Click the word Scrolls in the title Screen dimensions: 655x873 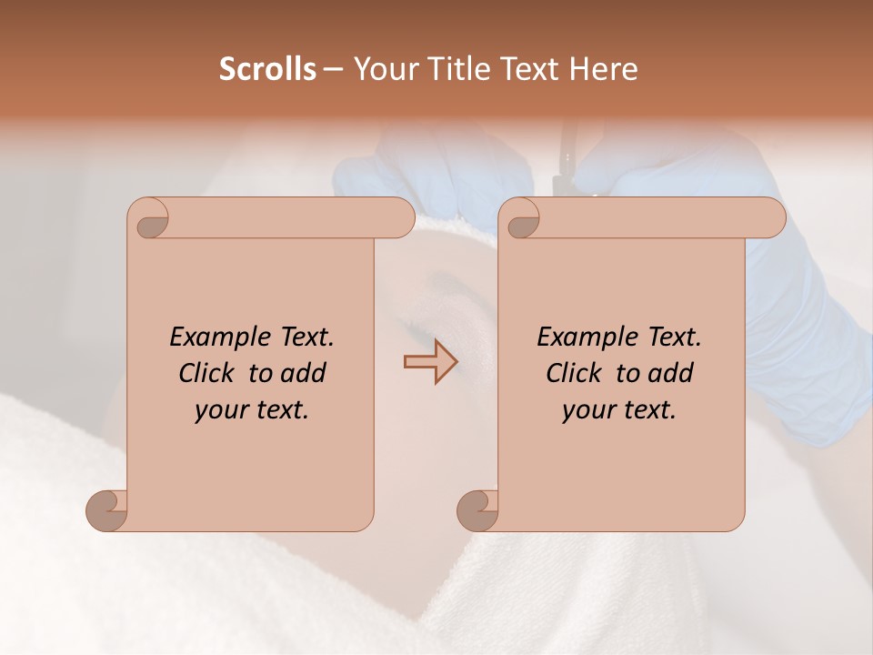tap(268, 69)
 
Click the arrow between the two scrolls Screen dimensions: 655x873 tap(431, 361)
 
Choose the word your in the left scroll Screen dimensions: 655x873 tap(220, 410)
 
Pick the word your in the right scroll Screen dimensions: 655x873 tap(587, 410)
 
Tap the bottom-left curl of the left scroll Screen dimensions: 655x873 tap(107, 509)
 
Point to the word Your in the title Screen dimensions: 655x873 tap(383, 69)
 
